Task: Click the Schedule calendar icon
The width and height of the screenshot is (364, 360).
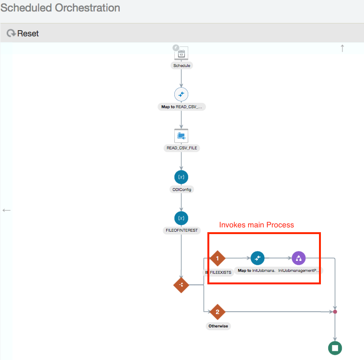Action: click(x=182, y=53)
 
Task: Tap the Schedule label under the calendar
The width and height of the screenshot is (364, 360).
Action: click(x=182, y=65)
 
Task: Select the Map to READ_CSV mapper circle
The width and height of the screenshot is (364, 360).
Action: click(x=182, y=94)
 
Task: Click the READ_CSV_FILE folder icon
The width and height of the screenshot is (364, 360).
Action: click(x=182, y=135)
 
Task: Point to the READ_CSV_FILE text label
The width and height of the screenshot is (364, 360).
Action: click(x=182, y=148)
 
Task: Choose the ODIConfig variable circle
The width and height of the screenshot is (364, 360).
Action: click(x=182, y=177)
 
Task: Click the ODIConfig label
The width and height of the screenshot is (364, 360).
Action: click(x=182, y=189)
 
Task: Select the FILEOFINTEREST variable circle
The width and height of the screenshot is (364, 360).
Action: click(x=182, y=218)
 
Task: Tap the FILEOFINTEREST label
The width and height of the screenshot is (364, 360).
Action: click(x=182, y=230)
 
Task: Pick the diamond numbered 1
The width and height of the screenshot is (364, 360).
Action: click(x=217, y=259)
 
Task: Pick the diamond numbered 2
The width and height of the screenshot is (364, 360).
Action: click(x=217, y=312)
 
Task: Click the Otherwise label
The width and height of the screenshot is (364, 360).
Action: click(x=218, y=326)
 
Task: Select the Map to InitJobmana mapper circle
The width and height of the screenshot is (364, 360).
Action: click(x=257, y=259)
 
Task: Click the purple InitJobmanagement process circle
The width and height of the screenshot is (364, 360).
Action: click(x=298, y=259)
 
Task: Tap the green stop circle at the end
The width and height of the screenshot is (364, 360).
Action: click(x=335, y=348)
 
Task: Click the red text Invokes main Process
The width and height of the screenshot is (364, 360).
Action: click(x=256, y=225)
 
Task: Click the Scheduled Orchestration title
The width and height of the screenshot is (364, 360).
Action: click(x=60, y=8)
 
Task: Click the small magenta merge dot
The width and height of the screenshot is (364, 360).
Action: click(x=335, y=312)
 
